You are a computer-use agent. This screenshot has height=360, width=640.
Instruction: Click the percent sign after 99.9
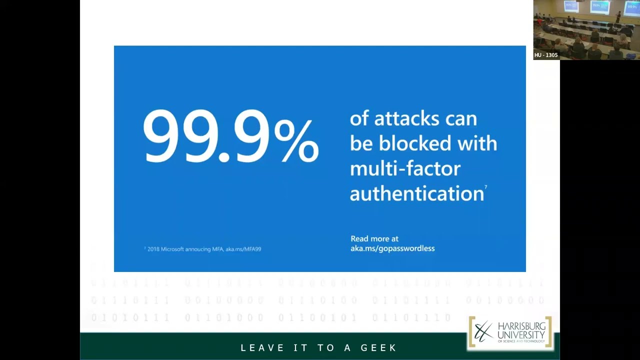click(296, 141)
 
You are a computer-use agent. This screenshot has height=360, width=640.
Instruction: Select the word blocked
click(418, 143)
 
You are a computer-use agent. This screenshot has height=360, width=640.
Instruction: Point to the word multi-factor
click(404, 168)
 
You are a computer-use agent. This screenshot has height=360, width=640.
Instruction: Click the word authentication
click(416, 193)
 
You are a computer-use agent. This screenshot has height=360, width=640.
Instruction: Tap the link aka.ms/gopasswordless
click(392, 248)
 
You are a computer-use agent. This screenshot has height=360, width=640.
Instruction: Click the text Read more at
click(374, 239)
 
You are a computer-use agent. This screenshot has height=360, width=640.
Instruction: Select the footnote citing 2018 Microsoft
click(202, 249)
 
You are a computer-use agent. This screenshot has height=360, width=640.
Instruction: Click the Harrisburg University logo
click(510, 332)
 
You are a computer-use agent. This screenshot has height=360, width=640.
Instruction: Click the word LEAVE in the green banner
click(262, 347)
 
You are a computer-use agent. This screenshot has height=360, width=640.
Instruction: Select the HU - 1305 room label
click(545, 55)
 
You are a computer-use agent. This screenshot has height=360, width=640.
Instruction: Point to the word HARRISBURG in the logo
click(521, 326)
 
